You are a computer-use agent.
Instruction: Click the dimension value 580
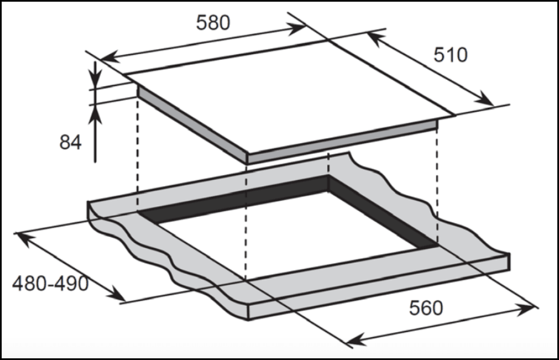(213, 22)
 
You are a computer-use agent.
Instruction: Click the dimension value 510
(450, 55)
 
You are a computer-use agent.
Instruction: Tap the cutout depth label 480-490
(50, 284)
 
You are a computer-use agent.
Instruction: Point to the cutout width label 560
(426, 307)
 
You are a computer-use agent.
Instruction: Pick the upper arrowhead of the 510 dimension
(374, 37)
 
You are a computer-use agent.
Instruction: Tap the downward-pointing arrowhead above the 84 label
(96, 80)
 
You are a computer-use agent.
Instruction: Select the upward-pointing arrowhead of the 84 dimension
(96, 112)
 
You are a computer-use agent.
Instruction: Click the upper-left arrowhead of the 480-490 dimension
(23, 238)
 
